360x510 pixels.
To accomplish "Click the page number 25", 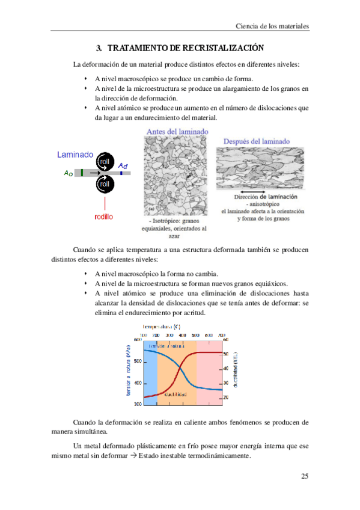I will [x=304, y=476].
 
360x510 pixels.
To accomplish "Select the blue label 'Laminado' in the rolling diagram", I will [x=75, y=155].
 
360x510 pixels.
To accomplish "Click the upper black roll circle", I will [x=105, y=162].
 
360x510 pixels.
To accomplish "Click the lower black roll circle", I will [x=105, y=183].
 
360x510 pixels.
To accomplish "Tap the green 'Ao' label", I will [x=68, y=173].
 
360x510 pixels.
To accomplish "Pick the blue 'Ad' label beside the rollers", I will [x=122, y=165].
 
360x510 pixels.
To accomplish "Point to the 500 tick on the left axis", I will [x=138, y=361].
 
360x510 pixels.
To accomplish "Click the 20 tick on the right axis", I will [x=226, y=398].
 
